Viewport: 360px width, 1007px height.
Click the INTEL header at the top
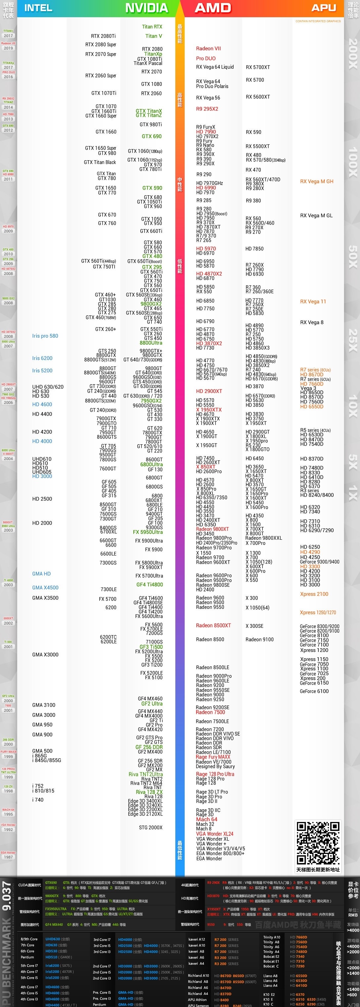[38, 8]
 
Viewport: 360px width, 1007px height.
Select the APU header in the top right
[324, 8]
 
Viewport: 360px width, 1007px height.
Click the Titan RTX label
[152, 27]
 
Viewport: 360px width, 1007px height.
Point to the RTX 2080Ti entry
[103, 36]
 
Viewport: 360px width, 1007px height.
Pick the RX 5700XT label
[258, 67]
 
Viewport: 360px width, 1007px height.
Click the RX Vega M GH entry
[317, 181]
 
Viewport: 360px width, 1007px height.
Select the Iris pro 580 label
[45, 336]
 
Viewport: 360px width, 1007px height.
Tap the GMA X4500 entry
[45, 587]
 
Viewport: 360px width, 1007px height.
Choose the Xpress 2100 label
[314, 594]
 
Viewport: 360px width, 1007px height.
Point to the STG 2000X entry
[151, 828]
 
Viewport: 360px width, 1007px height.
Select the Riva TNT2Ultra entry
[145, 774]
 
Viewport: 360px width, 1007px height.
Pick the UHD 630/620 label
[48, 387]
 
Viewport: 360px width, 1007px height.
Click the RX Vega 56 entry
[208, 98]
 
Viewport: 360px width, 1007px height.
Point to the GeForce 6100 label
[314, 691]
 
